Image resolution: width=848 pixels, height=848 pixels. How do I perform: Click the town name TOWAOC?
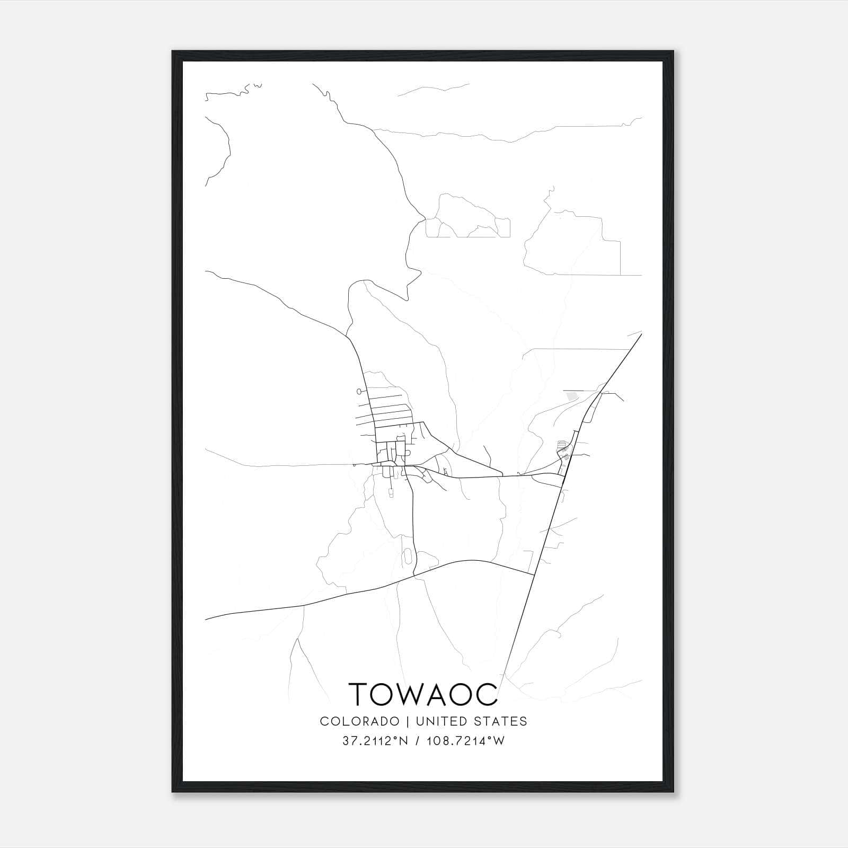tap(423, 693)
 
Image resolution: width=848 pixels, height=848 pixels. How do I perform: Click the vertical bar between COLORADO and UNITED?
tap(408, 721)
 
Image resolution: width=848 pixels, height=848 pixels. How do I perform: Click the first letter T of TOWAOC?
tap(358, 693)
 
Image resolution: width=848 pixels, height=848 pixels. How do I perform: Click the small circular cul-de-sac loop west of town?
tap(360, 392)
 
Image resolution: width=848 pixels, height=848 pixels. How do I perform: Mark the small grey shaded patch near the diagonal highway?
tap(571, 395)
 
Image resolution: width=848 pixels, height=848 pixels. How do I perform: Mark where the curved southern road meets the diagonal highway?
tap(533, 574)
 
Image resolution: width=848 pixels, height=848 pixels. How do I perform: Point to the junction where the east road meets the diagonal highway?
tap(563, 475)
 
